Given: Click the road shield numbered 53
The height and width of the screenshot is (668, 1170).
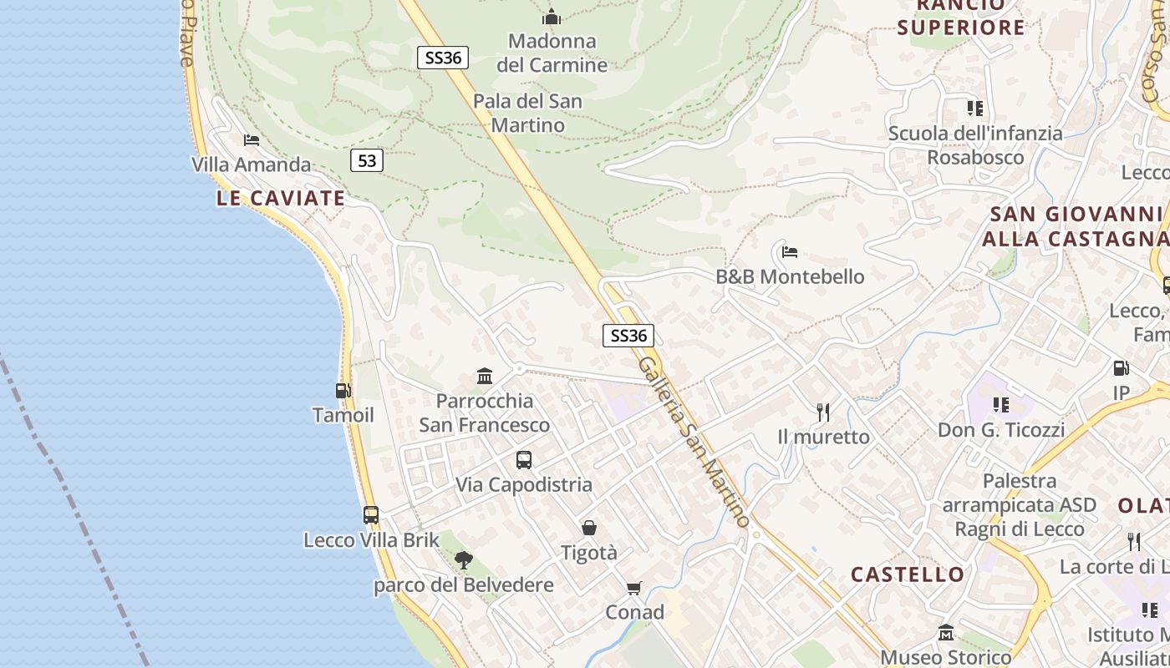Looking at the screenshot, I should click(367, 160).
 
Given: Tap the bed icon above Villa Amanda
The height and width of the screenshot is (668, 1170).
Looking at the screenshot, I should click(252, 139).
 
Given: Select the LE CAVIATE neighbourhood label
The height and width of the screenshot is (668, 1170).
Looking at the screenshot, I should click(281, 198).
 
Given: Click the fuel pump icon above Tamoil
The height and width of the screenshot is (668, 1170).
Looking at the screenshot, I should click(343, 390).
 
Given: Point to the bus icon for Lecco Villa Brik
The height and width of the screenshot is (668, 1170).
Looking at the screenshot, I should click(371, 515).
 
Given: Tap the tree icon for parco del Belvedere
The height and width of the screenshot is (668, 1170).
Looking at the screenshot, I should click(463, 560).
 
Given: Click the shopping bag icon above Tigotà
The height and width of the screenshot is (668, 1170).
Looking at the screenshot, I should click(589, 528).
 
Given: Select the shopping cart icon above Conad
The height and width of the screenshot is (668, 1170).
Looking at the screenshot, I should click(634, 588).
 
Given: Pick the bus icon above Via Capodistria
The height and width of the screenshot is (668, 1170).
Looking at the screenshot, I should click(524, 459).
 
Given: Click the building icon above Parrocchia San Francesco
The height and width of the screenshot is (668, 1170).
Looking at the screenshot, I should click(485, 376).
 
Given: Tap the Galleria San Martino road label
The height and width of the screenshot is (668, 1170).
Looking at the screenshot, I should click(694, 443).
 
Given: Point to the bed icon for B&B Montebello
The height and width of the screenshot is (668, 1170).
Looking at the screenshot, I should click(790, 251).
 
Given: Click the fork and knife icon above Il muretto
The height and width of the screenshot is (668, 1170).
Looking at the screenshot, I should click(823, 412).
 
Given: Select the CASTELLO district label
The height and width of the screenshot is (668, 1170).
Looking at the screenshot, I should click(908, 574).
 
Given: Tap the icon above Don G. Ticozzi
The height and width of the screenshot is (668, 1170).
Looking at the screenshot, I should click(1000, 405).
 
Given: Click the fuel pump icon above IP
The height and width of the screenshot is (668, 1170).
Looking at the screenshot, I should click(1121, 367).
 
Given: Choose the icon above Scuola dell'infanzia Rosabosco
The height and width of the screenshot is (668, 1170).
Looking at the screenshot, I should click(974, 109).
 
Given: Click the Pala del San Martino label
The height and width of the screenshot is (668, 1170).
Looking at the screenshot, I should click(527, 113).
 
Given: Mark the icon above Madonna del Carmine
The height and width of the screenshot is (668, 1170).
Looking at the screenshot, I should click(552, 17).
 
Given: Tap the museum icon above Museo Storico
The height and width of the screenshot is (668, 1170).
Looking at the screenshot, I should click(946, 632).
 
